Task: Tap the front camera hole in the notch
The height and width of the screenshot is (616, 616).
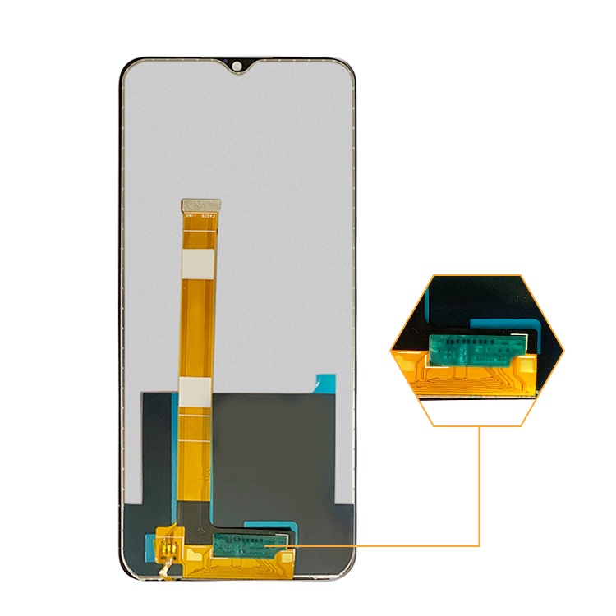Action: [x=237, y=65]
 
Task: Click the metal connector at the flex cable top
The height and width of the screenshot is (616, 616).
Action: [x=201, y=203]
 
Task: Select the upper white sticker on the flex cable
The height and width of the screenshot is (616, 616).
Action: [x=200, y=263]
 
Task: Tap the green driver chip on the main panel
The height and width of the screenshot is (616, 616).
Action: [x=251, y=542]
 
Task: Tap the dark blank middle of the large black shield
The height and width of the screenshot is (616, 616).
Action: [x=271, y=444]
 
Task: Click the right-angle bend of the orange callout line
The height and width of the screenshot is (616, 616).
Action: [x=478, y=545]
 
